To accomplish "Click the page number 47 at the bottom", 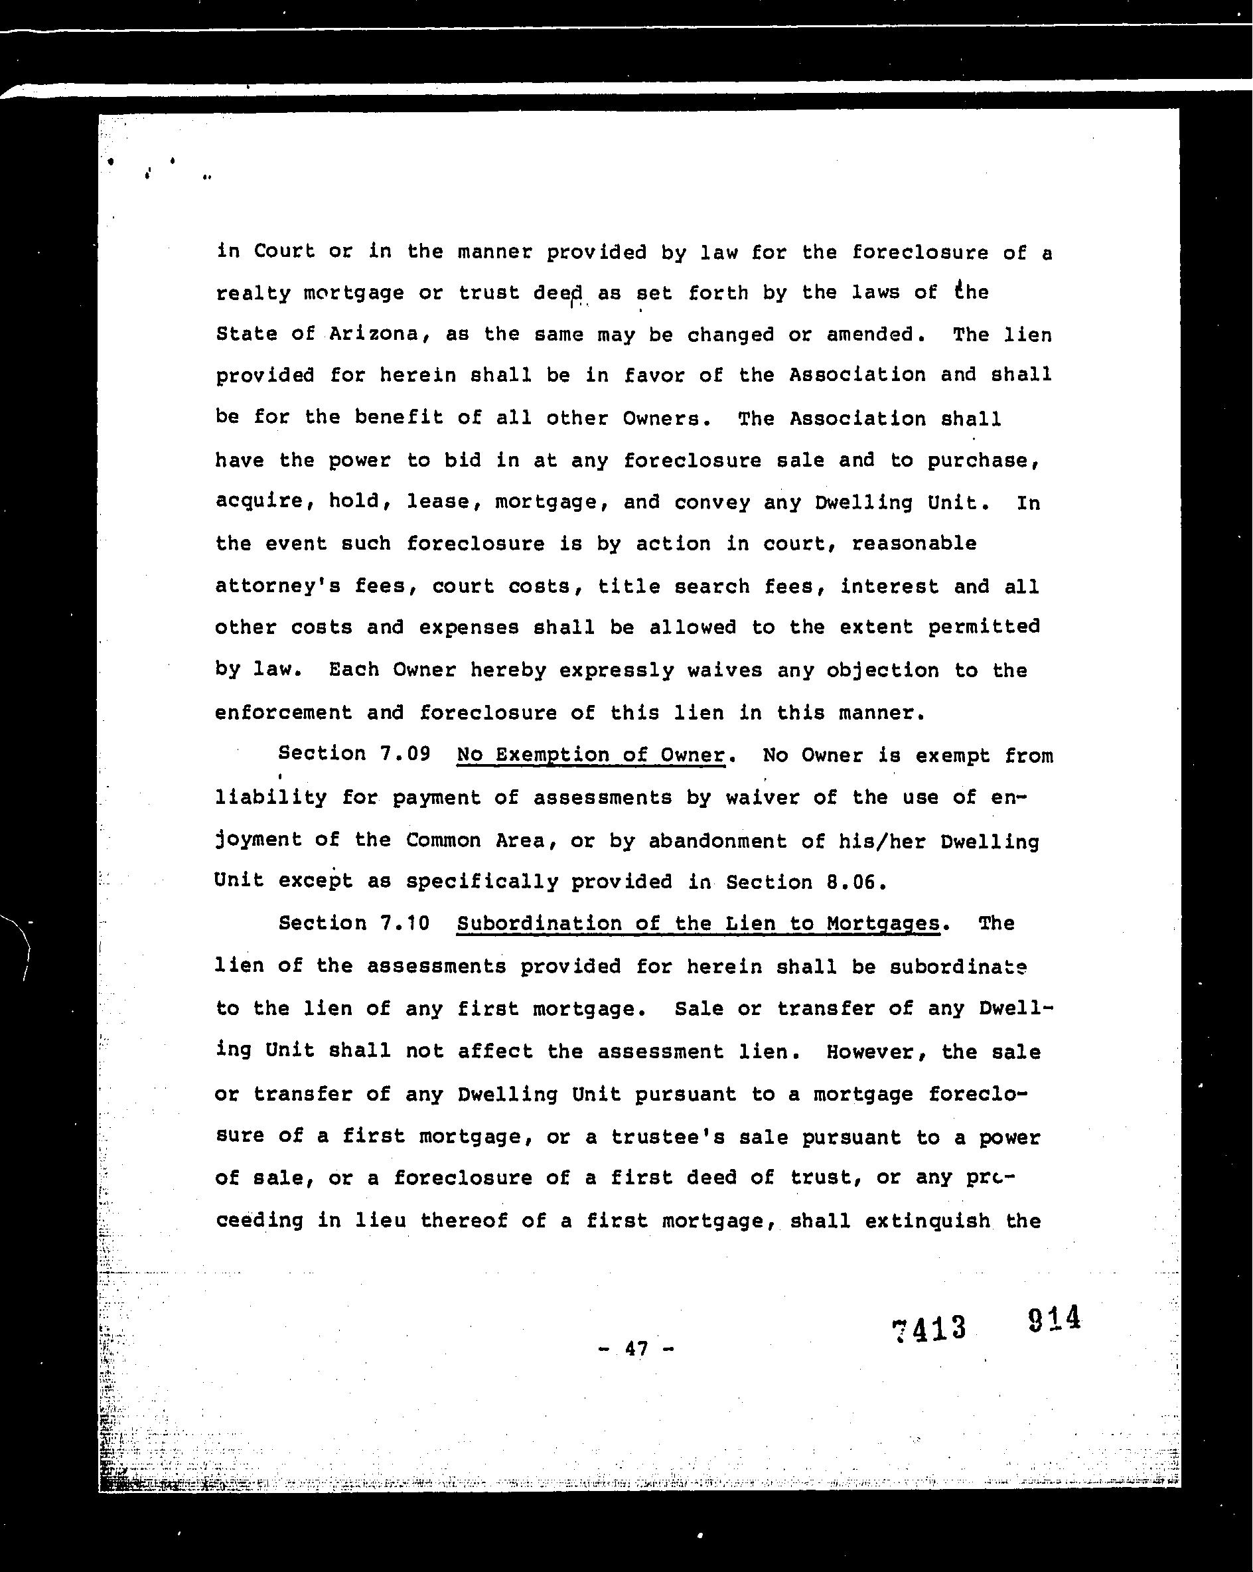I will (x=636, y=1349).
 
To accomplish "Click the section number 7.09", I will (x=405, y=753).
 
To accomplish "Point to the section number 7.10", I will (x=405, y=923).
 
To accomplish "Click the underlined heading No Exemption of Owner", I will (x=591, y=755).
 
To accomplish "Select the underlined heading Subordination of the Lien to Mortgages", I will (x=698, y=924).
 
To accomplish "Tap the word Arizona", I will (x=373, y=334).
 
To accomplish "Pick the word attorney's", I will (x=277, y=586).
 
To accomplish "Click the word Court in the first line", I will (x=284, y=252).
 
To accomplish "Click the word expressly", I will (x=616, y=670).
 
